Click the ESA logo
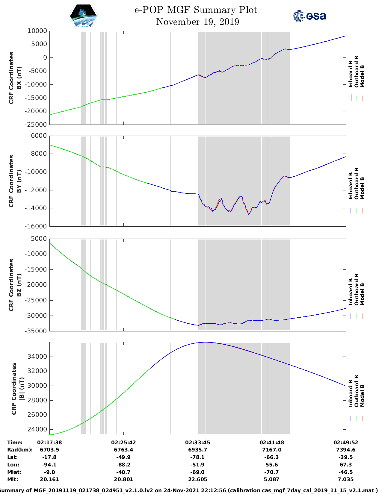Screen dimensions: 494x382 point(309,16)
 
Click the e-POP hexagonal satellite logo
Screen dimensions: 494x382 point(83,16)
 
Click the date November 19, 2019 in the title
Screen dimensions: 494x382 point(197,22)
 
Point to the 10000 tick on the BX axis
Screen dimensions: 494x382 point(37,31)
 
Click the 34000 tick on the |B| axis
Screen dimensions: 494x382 point(37,357)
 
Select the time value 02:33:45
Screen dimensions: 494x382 point(197,443)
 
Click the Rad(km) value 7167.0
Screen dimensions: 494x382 point(272,450)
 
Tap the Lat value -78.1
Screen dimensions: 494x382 point(197,457)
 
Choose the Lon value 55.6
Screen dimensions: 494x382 point(272,465)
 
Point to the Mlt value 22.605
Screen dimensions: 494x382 point(197,479)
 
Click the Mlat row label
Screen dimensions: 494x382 point(13,472)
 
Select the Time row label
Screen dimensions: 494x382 point(15,443)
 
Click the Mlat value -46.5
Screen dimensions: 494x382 point(346,472)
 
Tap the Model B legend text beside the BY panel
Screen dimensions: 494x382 point(362,188)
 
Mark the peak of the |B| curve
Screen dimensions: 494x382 point(206,342)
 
